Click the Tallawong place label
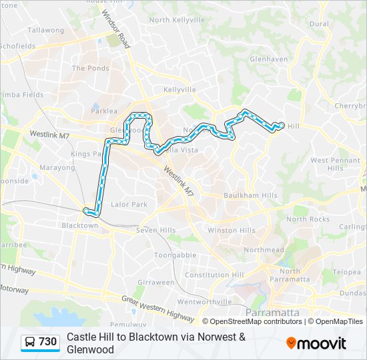tap(45, 30)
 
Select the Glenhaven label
tap(268, 59)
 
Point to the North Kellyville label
tap(177, 20)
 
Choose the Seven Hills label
tap(155, 231)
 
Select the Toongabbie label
tap(175, 255)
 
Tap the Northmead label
tap(259, 250)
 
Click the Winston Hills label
tap(232, 231)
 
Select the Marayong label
tap(57, 168)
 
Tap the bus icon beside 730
tap(31, 342)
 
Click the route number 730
tap(48, 342)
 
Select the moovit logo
tap(316, 343)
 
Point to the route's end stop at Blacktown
tap(85, 211)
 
